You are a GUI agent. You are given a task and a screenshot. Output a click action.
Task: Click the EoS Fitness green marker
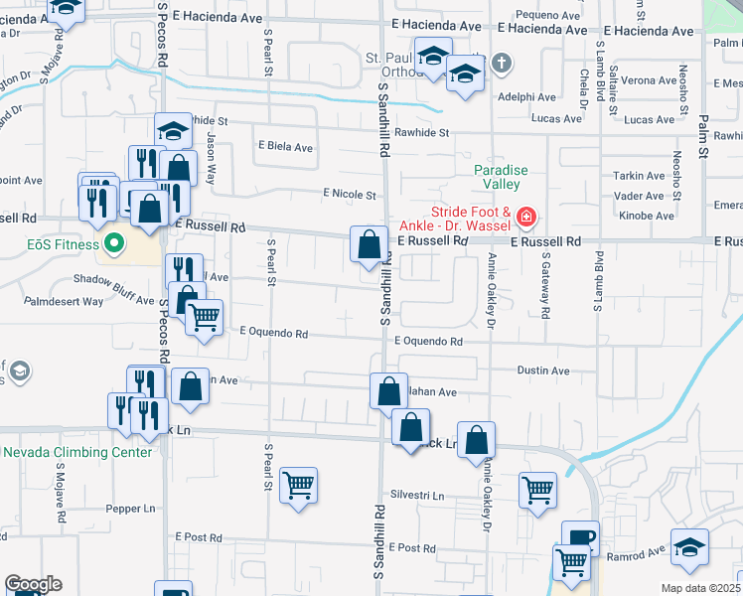click(x=113, y=242)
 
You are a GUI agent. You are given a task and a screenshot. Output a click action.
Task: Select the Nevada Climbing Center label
click(x=77, y=452)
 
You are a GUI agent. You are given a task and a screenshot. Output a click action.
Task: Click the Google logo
click(x=33, y=584)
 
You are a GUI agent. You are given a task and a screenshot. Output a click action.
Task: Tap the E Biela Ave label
click(x=286, y=148)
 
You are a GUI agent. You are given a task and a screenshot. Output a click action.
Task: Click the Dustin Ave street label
click(x=543, y=371)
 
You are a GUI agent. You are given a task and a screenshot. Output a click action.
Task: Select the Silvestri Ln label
click(x=416, y=495)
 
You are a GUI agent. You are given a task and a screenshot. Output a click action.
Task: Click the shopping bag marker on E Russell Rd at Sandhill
click(x=369, y=243)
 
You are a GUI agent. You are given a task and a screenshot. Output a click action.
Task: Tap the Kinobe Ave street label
click(x=652, y=216)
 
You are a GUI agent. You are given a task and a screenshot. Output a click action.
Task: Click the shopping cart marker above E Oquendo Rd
click(x=204, y=318)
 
